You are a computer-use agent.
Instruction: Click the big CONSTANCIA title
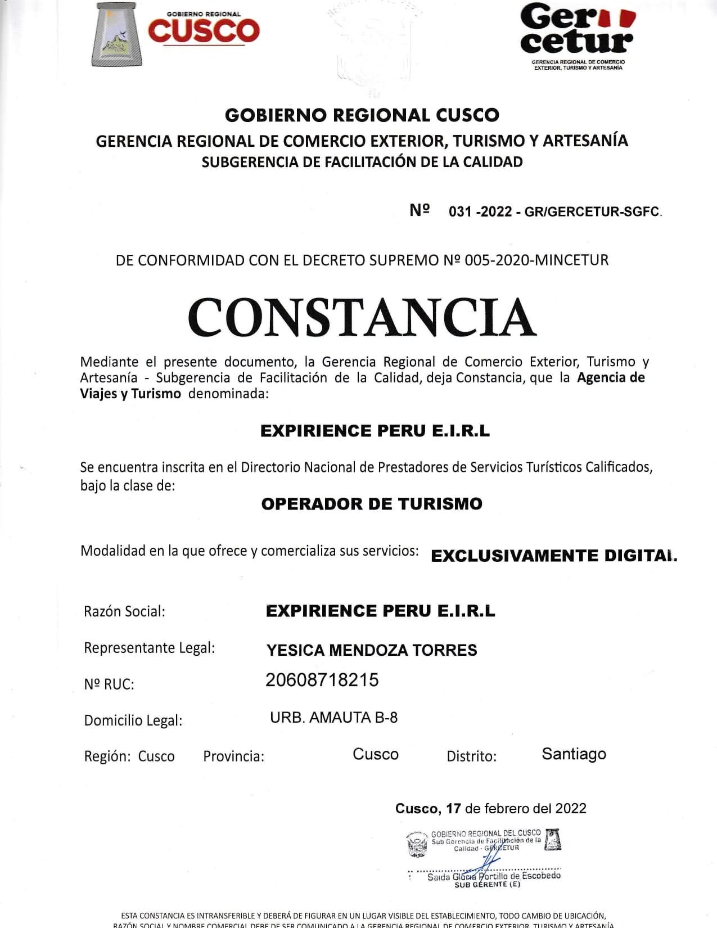click(x=362, y=317)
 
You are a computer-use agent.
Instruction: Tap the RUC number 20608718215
click(x=322, y=680)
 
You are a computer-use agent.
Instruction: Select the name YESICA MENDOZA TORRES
click(x=372, y=650)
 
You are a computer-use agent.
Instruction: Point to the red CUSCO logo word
click(x=204, y=31)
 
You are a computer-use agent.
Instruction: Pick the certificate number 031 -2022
click(x=480, y=212)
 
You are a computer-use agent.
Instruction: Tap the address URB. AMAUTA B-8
click(x=333, y=718)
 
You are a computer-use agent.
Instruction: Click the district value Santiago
click(x=574, y=754)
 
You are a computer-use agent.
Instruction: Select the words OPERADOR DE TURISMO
click(x=372, y=504)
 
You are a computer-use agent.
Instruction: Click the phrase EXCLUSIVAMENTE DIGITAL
click(x=554, y=556)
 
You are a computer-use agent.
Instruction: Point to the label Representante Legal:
click(x=150, y=648)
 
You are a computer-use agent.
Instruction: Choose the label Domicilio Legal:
click(x=133, y=720)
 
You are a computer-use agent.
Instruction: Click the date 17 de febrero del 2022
click(x=516, y=809)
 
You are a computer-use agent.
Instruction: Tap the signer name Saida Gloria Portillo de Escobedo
click(x=494, y=876)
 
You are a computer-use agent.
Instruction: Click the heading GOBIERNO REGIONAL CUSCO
click(x=362, y=115)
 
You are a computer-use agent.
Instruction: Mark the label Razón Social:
click(x=124, y=611)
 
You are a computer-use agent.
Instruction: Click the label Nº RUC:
click(x=109, y=684)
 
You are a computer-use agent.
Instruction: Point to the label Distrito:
click(x=471, y=756)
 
